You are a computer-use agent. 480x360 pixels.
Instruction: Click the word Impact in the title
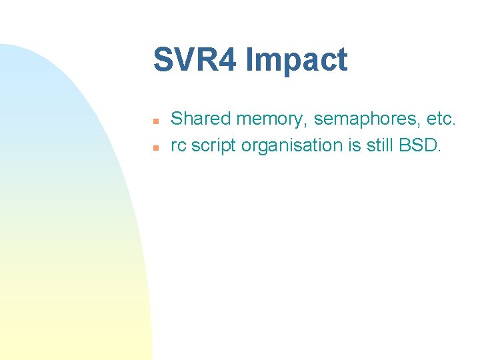pyautogui.click(x=297, y=60)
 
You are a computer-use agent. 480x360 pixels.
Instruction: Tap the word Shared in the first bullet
pyautogui.click(x=201, y=119)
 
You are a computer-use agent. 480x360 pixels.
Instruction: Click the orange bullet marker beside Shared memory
pyautogui.click(x=155, y=121)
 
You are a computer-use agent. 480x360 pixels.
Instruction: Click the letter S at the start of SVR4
pyautogui.click(x=162, y=60)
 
